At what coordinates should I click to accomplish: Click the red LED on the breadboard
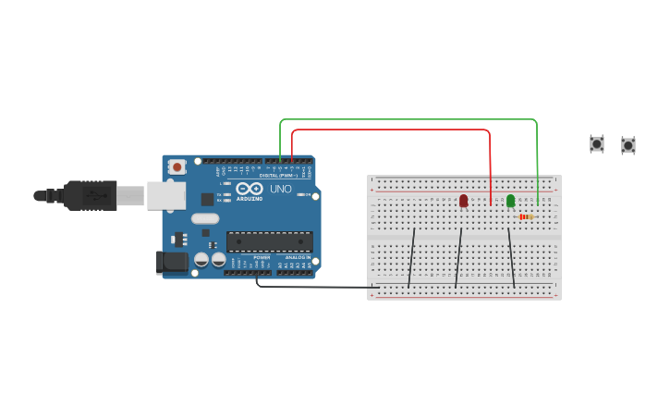click(463, 200)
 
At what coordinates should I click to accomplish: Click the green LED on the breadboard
click(510, 200)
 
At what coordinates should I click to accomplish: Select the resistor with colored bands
click(525, 216)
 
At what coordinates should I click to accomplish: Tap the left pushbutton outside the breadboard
click(597, 143)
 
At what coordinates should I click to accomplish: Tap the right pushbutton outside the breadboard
click(628, 145)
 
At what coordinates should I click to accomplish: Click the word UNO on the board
click(281, 189)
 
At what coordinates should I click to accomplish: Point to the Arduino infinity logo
click(250, 188)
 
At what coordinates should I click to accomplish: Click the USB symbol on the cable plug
click(95, 196)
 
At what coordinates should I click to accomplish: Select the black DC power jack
click(171, 262)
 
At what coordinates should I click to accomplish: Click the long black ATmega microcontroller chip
click(270, 241)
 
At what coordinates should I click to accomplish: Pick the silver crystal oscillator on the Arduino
click(205, 219)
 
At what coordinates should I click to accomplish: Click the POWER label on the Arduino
click(262, 257)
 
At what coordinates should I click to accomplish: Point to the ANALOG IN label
click(298, 257)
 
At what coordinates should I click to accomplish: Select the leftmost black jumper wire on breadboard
click(412, 258)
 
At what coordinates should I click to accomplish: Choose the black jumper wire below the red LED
click(458, 258)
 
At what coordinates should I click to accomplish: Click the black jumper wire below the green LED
click(511, 258)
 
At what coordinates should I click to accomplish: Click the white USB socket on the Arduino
click(166, 195)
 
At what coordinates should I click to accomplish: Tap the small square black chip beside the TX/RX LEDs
click(208, 199)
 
